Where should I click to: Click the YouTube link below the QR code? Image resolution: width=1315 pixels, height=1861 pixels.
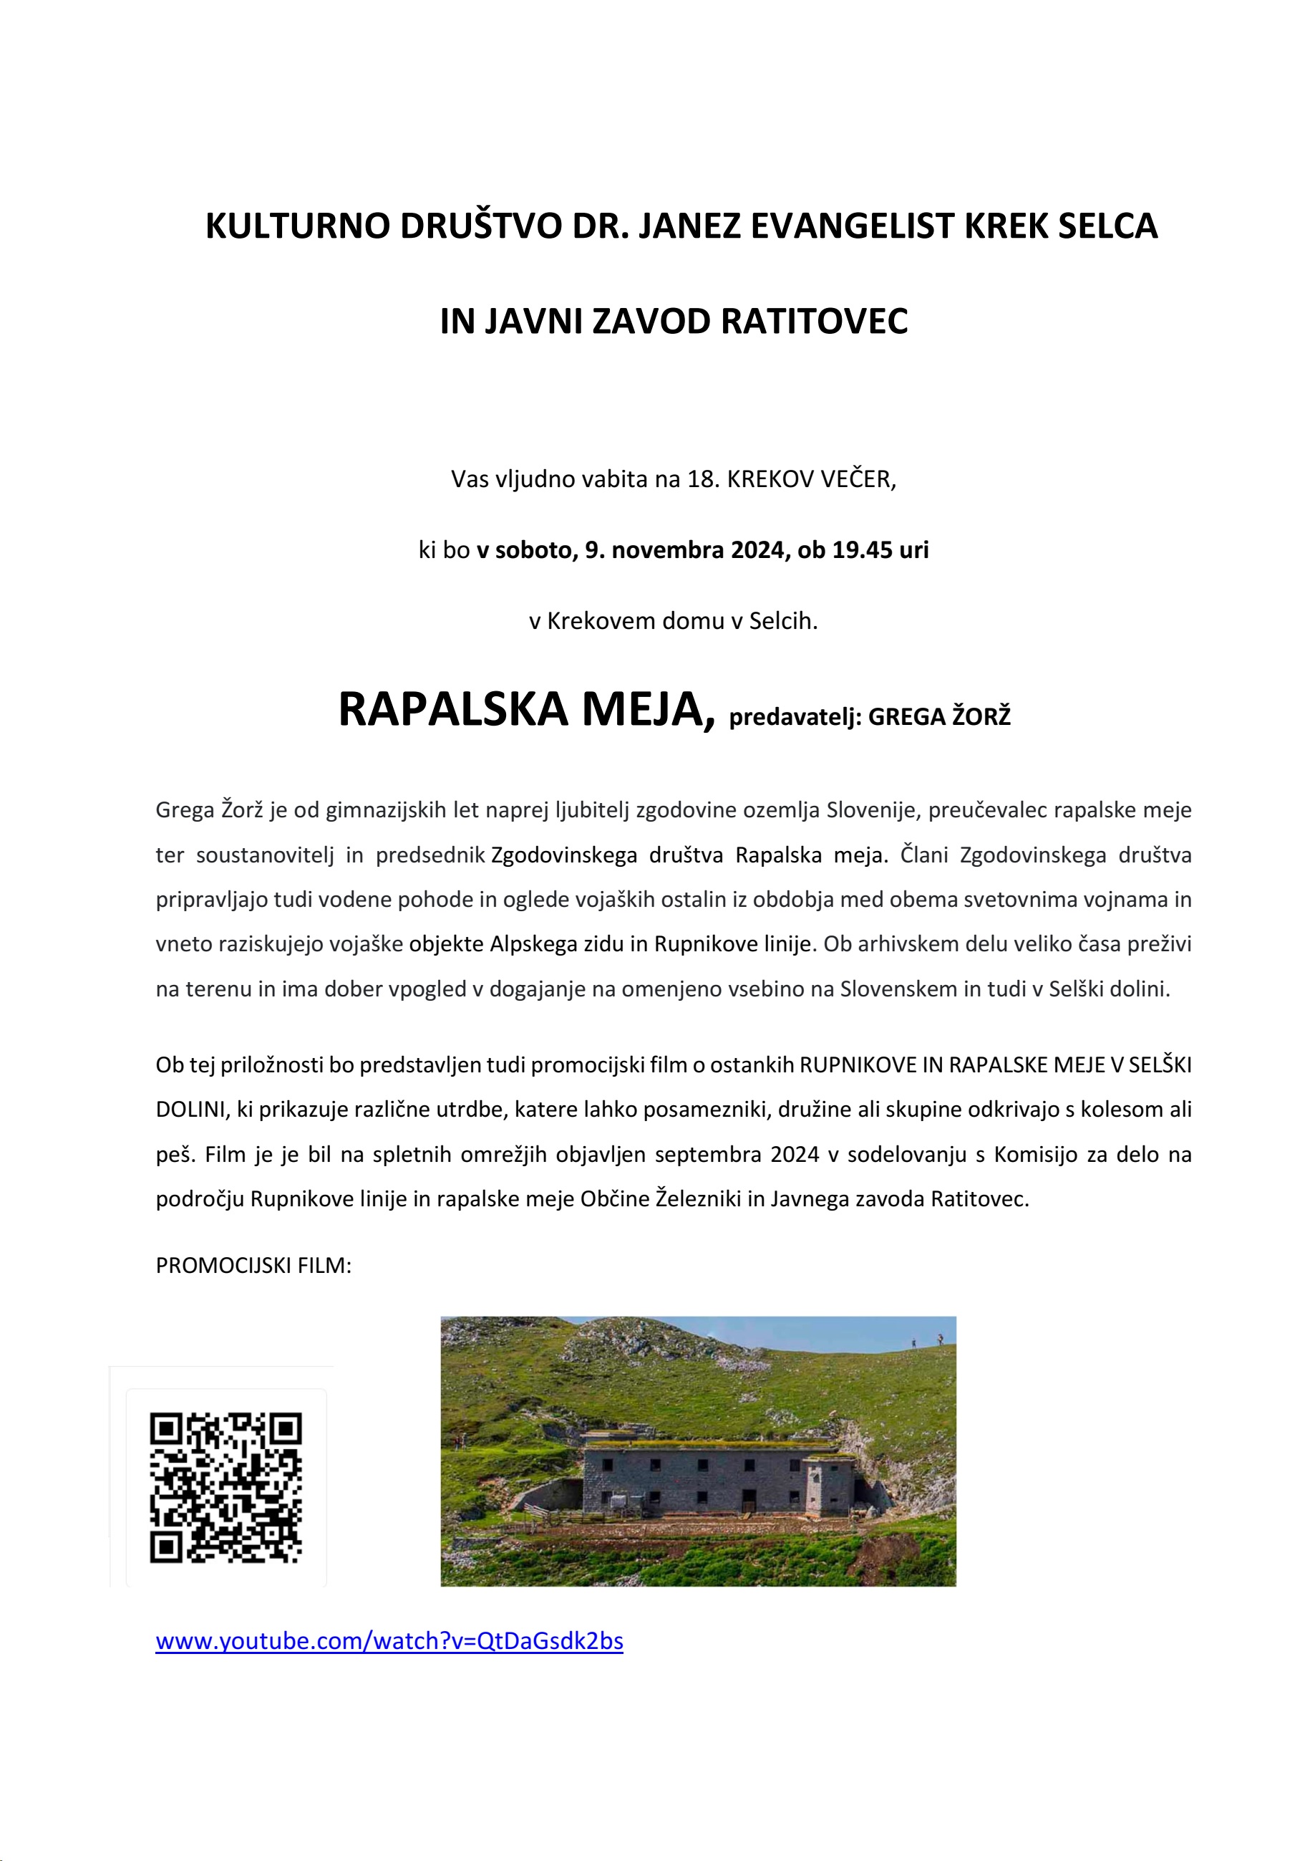click(x=389, y=1640)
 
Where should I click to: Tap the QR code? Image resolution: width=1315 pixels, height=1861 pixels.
click(x=225, y=1487)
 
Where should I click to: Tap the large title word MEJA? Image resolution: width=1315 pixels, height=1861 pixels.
click(x=648, y=709)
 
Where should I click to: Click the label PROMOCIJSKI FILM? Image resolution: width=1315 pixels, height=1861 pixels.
click(x=253, y=1265)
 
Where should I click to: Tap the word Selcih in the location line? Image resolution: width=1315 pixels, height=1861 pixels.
click(x=782, y=621)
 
